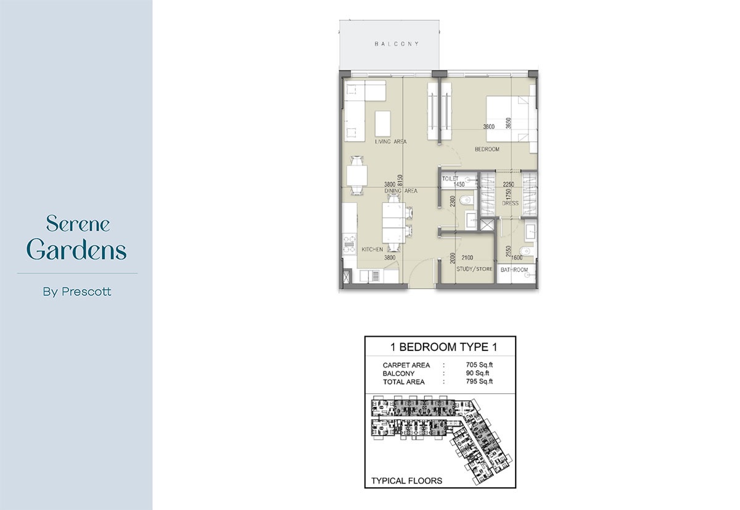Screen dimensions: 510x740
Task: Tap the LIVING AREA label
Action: pyautogui.click(x=390, y=142)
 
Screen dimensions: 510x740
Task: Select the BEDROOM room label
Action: pyautogui.click(x=487, y=149)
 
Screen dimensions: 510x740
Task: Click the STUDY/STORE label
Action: pyautogui.click(x=474, y=269)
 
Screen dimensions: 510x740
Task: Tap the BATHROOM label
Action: pyautogui.click(x=514, y=270)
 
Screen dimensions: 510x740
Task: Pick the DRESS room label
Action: pyautogui.click(x=510, y=203)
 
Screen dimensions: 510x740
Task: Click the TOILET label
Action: pyautogui.click(x=450, y=178)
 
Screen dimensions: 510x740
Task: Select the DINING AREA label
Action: pyautogui.click(x=401, y=191)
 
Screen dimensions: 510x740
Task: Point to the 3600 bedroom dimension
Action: pyautogui.click(x=490, y=127)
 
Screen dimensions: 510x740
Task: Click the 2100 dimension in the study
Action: pyautogui.click(x=467, y=257)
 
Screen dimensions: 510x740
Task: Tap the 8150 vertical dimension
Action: pyautogui.click(x=400, y=181)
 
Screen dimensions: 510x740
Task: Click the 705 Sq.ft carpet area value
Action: pyautogui.click(x=479, y=365)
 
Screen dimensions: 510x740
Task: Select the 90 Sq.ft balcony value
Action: pyautogui.click(x=478, y=374)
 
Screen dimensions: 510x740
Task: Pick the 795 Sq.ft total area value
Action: pyautogui.click(x=479, y=382)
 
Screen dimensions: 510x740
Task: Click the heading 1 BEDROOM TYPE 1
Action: pyautogui.click(x=440, y=347)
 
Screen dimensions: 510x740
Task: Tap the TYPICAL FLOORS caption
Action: pyautogui.click(x=406, y=480)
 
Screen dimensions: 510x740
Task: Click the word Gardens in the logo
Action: pyautogui.click(x=77, y=250)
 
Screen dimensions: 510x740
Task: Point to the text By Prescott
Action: pyautogui.click(x=77, y=292)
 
